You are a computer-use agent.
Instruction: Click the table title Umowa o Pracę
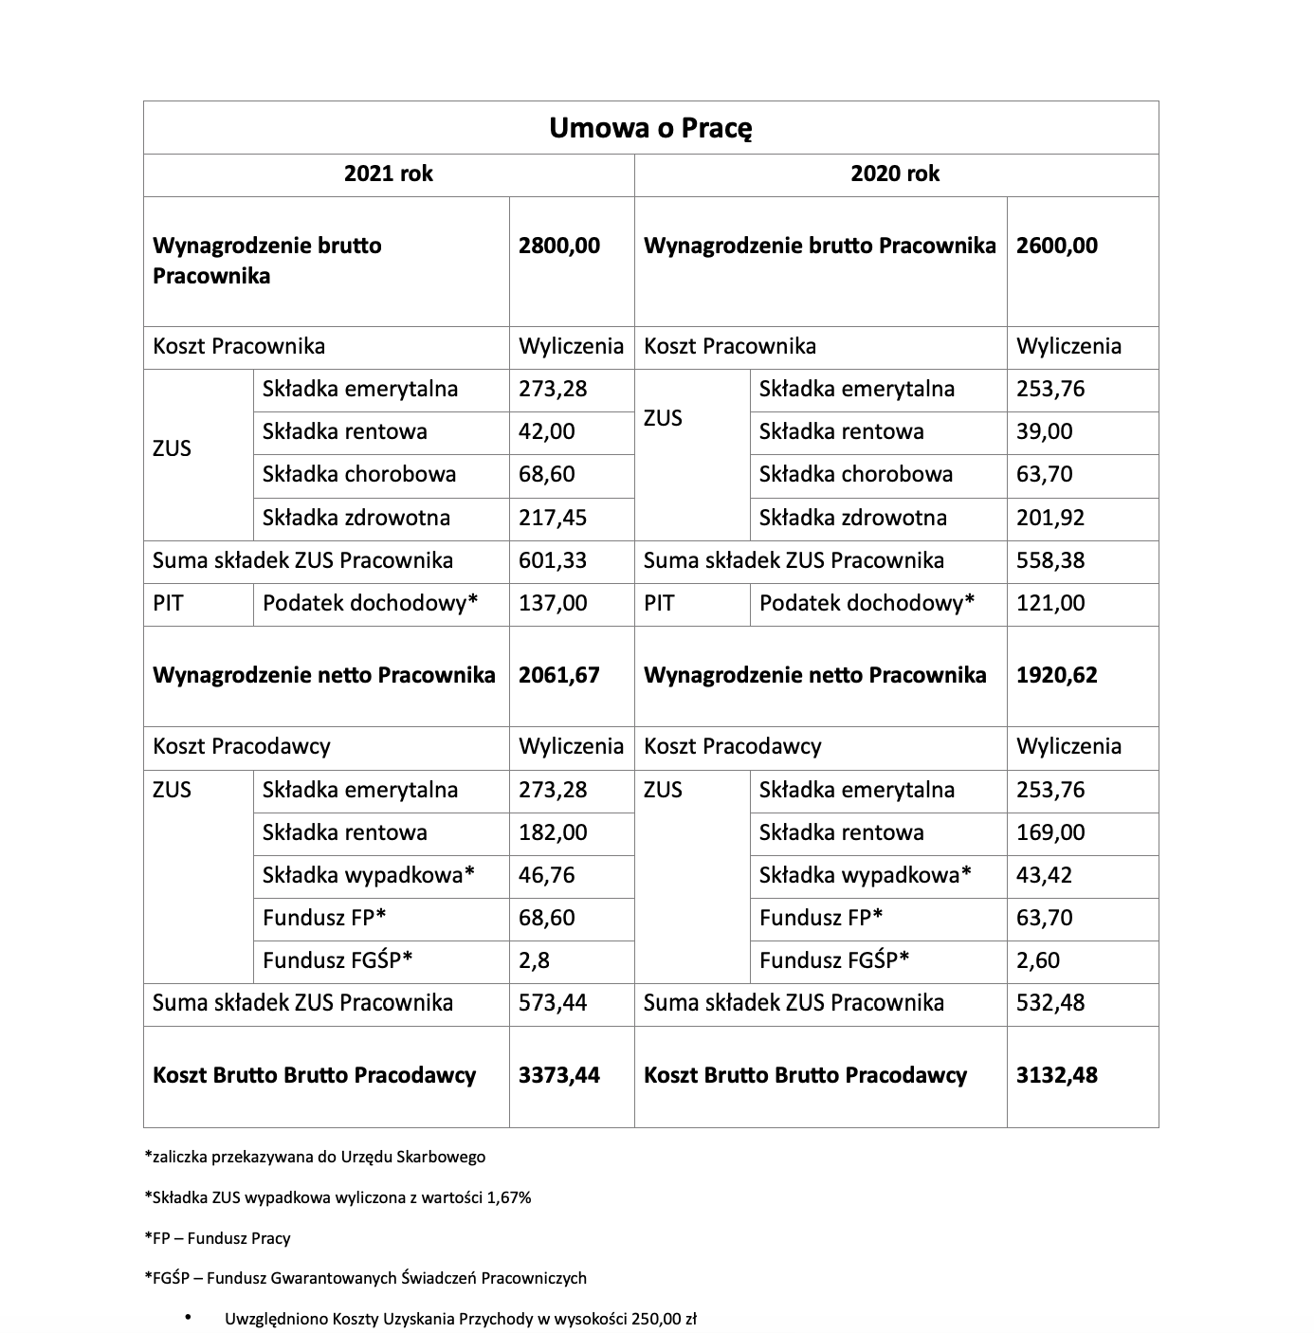point(650,128)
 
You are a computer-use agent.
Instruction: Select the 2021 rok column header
point(388,174)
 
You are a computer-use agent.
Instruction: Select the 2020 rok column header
point(895,174)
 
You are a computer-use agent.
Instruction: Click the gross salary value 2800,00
point(559,247)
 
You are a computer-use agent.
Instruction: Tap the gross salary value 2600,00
point(1057,247)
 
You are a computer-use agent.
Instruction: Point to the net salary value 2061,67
point(559,676)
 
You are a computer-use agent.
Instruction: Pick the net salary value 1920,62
point(1057,676)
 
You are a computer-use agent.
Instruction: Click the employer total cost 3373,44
point(559,1076)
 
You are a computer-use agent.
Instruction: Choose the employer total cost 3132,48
point(1057,1076)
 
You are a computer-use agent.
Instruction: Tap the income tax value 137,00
point(553,604)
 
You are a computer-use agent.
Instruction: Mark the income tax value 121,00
point(1050,604)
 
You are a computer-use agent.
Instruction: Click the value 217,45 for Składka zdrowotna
point(553,519)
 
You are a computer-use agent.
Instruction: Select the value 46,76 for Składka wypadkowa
point(547,875)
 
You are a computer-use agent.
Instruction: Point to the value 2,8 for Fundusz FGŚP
point(534,961)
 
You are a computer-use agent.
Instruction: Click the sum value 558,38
point(1050,561)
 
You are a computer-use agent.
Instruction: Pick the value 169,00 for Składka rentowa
point(1050,833)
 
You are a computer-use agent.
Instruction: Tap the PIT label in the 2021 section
point(168,604)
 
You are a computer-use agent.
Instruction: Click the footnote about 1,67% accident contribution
point(338,1197)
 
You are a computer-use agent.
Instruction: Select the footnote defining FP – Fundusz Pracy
point(217,1238)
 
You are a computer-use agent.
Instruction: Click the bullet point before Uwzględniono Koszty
point(188,1318)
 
